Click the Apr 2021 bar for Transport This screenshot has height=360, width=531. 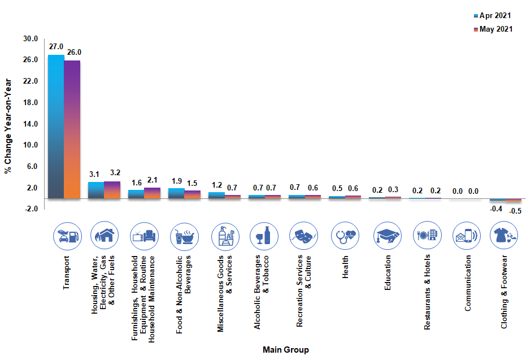click(56, 127)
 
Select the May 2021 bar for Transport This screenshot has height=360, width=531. click(72, 129)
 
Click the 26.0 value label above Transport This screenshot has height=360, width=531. click(74, 52)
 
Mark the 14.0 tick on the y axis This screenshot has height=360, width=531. click(30, 124)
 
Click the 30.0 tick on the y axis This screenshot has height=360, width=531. click(30, 39)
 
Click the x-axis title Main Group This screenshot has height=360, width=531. click(286, 350)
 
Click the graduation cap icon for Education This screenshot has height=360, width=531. click(388, 236)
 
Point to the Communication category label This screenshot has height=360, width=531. click(468, 283)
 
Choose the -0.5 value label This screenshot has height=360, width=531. click(515, 211)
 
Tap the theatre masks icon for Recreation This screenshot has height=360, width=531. click(303, 236)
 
